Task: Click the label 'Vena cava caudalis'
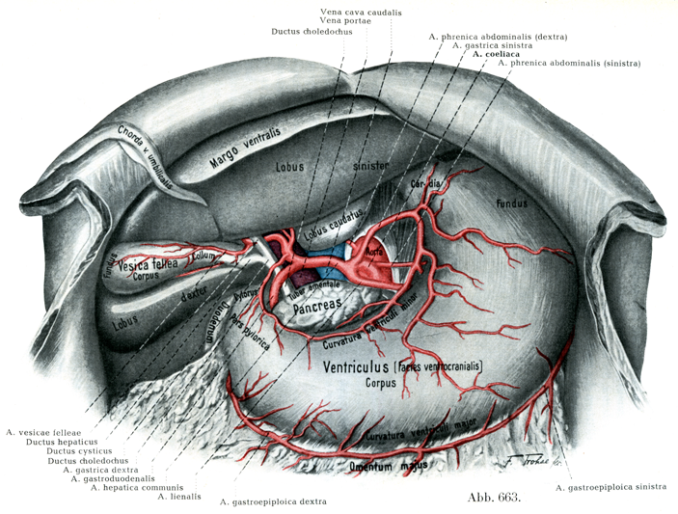click(x=361, y=12)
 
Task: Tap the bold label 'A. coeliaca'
click(x=496, y=54)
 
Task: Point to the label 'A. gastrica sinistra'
click(x=492, y=45)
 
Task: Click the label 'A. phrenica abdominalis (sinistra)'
click(x=556, y=64)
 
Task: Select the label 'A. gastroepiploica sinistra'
click(x=610, y=488)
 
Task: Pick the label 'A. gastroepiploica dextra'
click(x=273, y=502)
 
